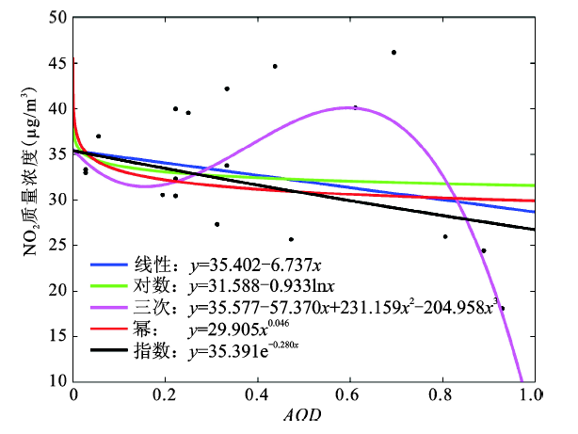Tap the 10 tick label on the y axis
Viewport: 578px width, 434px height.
(x=56, y=381)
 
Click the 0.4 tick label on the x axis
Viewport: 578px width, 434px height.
(x=257, y=396)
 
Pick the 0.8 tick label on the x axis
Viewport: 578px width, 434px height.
(x=441, y=396)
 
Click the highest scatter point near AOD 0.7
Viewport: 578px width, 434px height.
(x=393, y=53)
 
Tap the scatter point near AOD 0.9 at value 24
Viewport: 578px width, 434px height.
(x=484, y=250)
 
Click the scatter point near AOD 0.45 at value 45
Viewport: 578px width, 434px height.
(x=275, y=66)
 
